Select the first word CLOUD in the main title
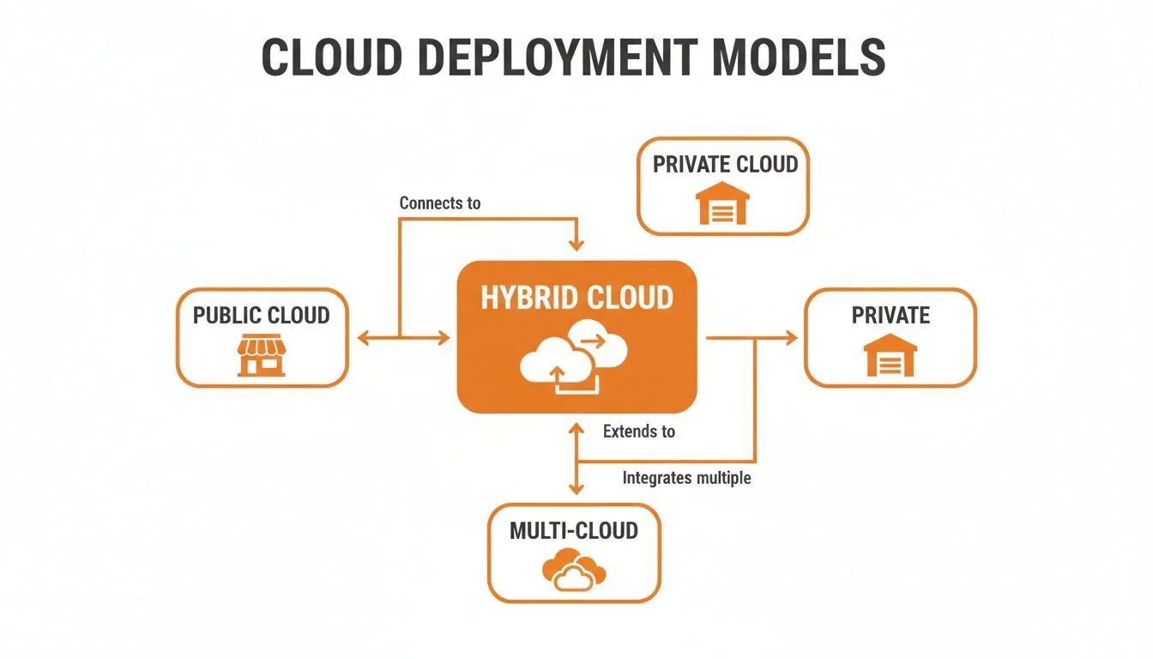coord(331,57)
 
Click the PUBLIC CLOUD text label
coord(261,315)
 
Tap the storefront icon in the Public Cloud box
coord(261,356)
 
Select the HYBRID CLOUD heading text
coord(576,298)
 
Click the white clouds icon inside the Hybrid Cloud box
coord(573,358)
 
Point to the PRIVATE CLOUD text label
coord(725,165)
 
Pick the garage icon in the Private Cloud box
coord(722,203)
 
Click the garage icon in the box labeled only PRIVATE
coord(890,355)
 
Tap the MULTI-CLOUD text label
coord(574,530)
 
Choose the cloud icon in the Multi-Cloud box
coord(574,571)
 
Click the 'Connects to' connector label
coord(440,203)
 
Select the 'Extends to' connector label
coord(638,432)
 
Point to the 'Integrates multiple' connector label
coord(686,478)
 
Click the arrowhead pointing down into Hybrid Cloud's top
coord(576,245)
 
